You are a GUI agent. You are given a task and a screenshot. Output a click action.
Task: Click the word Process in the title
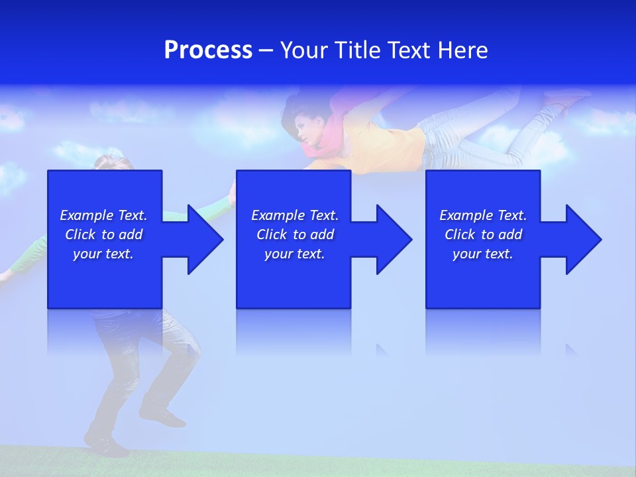pos(208,50)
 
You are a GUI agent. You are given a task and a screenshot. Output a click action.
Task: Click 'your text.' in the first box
pos(103,254)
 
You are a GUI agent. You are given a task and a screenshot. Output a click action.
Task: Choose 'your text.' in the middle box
pos(294,254)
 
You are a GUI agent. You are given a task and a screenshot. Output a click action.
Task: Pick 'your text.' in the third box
pos(483,254)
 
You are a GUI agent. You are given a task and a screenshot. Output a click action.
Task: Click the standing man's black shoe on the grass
pos(162,417)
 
